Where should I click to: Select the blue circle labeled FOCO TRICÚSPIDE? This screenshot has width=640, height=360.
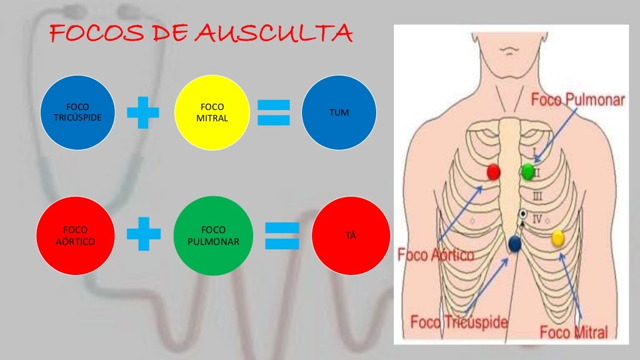coord(78,112)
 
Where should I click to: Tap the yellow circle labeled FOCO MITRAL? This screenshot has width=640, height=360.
coord(211,112)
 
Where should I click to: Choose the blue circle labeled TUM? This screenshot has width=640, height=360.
coord(339,112)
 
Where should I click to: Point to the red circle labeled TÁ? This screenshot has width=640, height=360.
coord(350,236)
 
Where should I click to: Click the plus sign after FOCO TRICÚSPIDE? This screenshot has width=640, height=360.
coord(143,112)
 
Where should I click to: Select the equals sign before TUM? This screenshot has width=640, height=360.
coord(274,112)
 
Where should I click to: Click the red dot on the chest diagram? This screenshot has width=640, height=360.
coord(494,172)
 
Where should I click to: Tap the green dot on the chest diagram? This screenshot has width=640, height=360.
coord(527,171)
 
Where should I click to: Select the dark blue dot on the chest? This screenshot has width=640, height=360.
coord(515,244)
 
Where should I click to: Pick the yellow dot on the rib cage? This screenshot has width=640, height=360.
coord(557,237)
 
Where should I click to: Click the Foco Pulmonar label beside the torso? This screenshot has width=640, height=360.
coord(577,100)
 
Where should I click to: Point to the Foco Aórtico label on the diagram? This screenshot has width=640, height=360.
coord(436,255)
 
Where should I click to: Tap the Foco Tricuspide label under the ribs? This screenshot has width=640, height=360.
coord(459,322)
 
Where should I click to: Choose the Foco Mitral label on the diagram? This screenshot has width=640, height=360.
coord(574,331)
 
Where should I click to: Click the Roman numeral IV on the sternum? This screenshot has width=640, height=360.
coord(536,219)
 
